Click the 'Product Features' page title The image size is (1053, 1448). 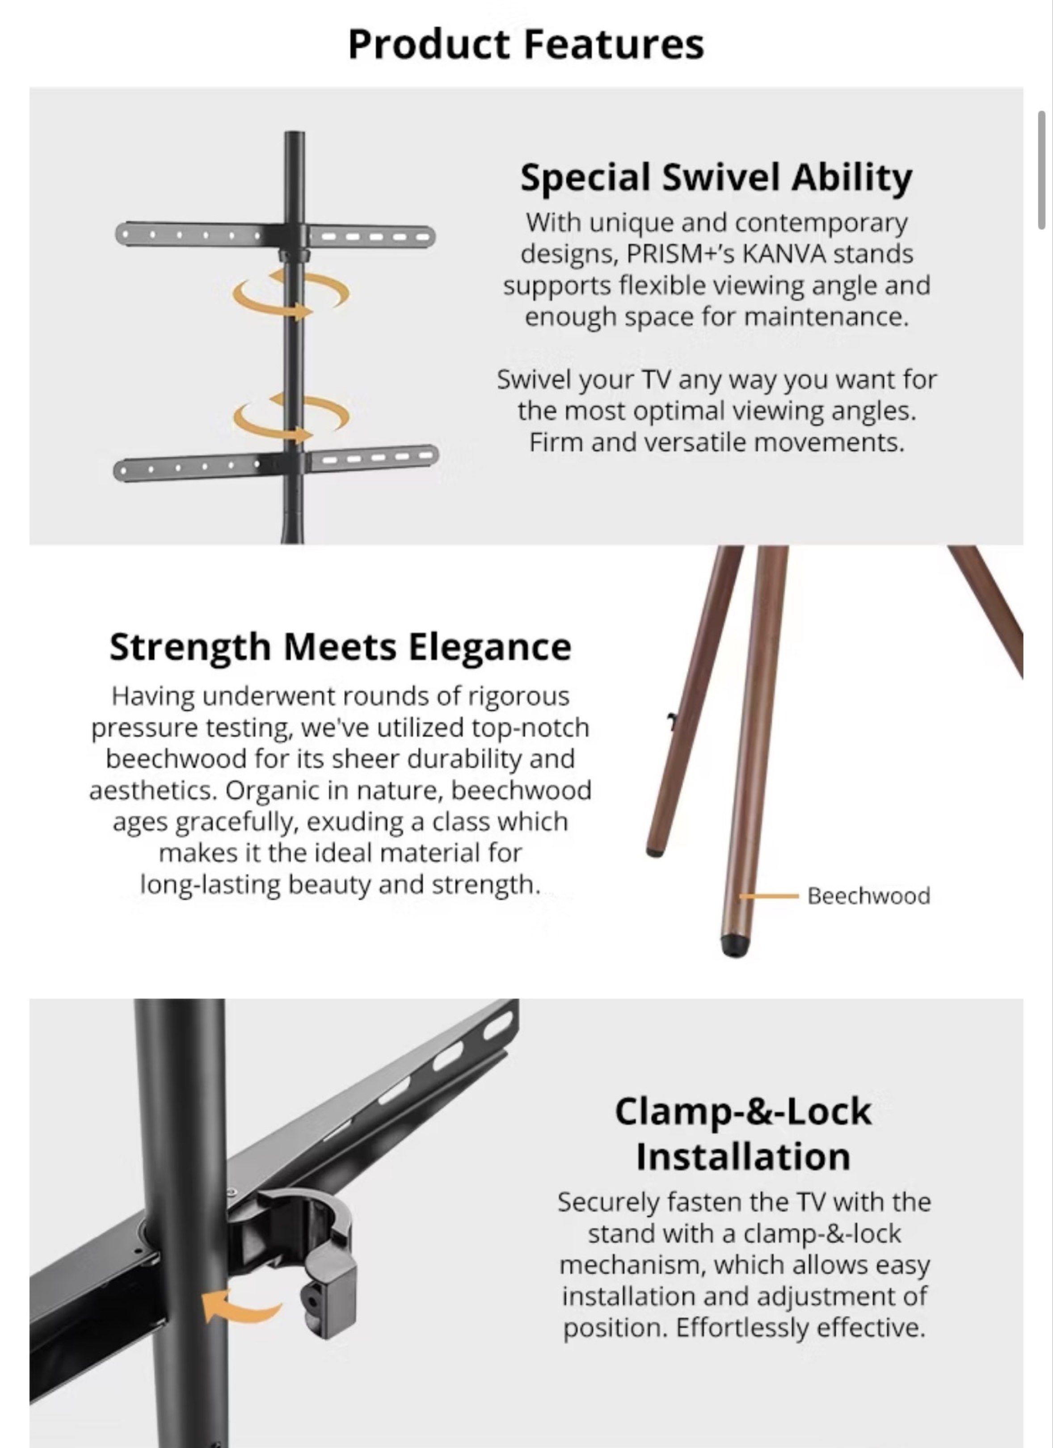tap(526, 45)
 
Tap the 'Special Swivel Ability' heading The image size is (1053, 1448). tap(716, 177)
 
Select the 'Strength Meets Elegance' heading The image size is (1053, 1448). tap(341, 648)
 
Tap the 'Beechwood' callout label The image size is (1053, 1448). tap(868, 896)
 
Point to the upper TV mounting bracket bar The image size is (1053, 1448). tap(275, 236)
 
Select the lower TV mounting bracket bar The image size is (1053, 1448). tap(276, 462)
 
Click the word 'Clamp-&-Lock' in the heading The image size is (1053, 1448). tap(743, 1111)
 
